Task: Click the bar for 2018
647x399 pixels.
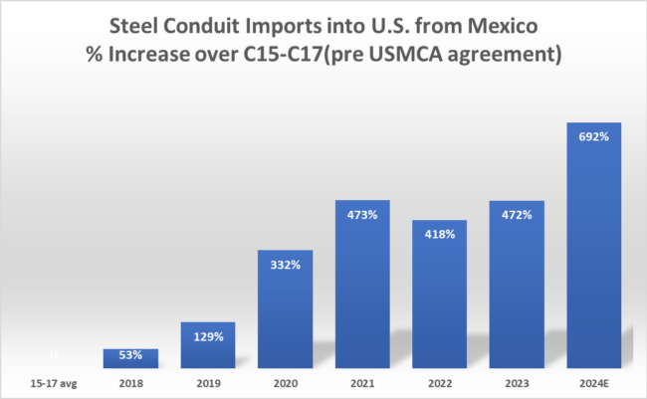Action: (130, 358)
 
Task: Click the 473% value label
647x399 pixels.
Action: (361, 213)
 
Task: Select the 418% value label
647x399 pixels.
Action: (439, 234)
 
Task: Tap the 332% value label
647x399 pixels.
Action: (285, 263)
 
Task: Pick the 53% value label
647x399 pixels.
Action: (130, 355)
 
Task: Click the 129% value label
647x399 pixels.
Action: (207, 337)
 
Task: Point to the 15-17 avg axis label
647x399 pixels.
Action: (53, 381)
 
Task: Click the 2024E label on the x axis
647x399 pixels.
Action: (593, 381)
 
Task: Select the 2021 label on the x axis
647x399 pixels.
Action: (361, 381)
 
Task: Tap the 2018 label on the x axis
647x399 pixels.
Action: (130, 381)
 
